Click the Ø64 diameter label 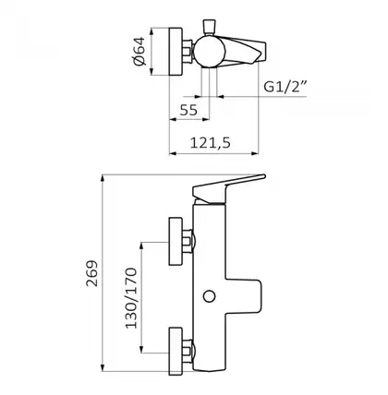139,51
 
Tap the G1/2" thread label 285,87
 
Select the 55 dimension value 188,110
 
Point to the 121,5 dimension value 211,143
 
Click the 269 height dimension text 91,273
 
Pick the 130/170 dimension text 131,298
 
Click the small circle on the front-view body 209,296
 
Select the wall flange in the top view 176,52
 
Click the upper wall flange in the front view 176,241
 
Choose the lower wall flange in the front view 176,352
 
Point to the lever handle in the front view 228,189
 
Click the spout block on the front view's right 244,296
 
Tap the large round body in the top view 209,51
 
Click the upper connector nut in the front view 188,241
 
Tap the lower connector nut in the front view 188,352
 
